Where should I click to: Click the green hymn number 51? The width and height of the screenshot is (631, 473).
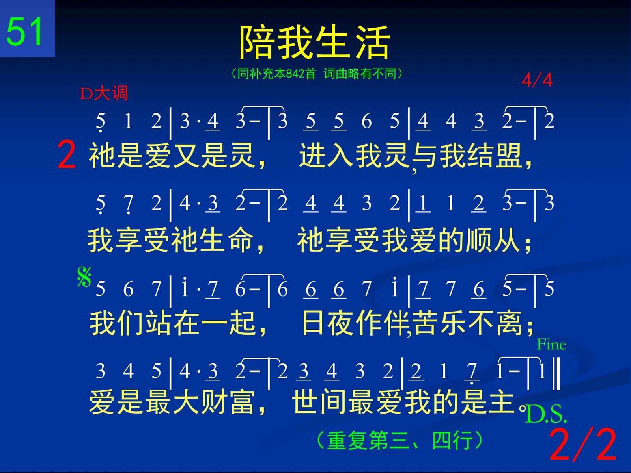click(x=24, y=31)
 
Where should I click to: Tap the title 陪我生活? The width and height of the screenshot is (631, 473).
click(x=315, y=42)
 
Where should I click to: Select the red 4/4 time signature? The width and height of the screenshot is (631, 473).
click(x=537, y=80)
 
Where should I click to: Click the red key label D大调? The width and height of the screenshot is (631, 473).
click(x=104, y=93)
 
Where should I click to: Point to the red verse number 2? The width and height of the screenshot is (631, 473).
click(x=66, y=155)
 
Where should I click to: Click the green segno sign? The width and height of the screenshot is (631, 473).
click(x=84, y=277)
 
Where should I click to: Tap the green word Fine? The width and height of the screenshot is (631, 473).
click(x=551, y=345)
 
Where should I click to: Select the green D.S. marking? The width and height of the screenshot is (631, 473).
click(x=546, y=414)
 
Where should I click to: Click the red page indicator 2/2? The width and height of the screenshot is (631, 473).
click(x=583, y=444)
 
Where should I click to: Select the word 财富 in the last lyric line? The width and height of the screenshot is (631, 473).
click(x=227, y=402)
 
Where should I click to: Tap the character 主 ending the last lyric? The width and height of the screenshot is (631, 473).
click(x=502, y=402)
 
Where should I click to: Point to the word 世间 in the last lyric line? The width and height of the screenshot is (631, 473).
click(x=319, y=402)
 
